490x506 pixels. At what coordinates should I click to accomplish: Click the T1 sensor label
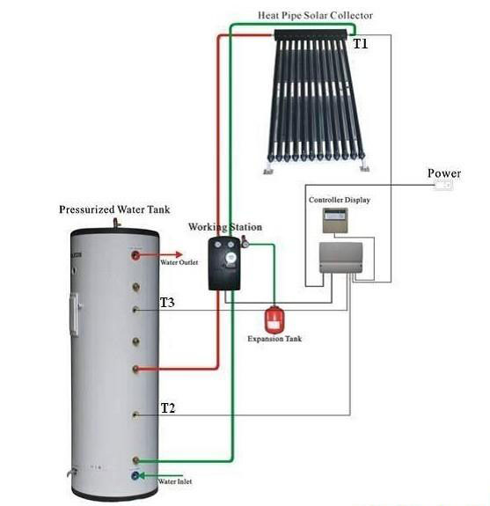click(x=361, y=44)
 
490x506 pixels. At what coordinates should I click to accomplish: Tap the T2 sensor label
click(x=168, y=408)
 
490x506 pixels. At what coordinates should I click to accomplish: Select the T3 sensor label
click(x=167, y=303)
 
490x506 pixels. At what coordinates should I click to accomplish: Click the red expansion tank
click(x=274, y=320)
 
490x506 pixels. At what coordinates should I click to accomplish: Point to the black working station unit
click(x=224, y=263)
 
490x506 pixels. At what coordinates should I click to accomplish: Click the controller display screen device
click(x=335, y=220)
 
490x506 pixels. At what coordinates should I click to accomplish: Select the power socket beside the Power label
click(x=443, y=185)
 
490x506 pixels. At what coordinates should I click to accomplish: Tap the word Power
click(x=444, y=173)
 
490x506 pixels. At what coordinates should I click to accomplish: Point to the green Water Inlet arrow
click(x=160, y=475)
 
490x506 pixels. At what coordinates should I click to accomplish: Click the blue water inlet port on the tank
click(x=135, y=475)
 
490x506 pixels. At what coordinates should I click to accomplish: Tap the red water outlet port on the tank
click(x=135, y=255)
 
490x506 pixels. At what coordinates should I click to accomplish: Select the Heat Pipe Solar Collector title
click(x=315, y=16)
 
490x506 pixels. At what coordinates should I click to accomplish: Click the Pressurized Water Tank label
click(x=114, y=209)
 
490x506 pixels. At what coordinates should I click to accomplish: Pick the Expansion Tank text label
click(x=274, y=339)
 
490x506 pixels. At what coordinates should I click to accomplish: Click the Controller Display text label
click(x=340, y=200)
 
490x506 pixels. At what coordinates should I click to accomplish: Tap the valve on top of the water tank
click(x=116, y=223)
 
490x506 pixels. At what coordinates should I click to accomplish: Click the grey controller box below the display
click(x=340, y=258)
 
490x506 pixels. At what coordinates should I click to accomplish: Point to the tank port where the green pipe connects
click(x=135, y=460)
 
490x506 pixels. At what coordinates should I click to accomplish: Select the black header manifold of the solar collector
click(x=311, y=35)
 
